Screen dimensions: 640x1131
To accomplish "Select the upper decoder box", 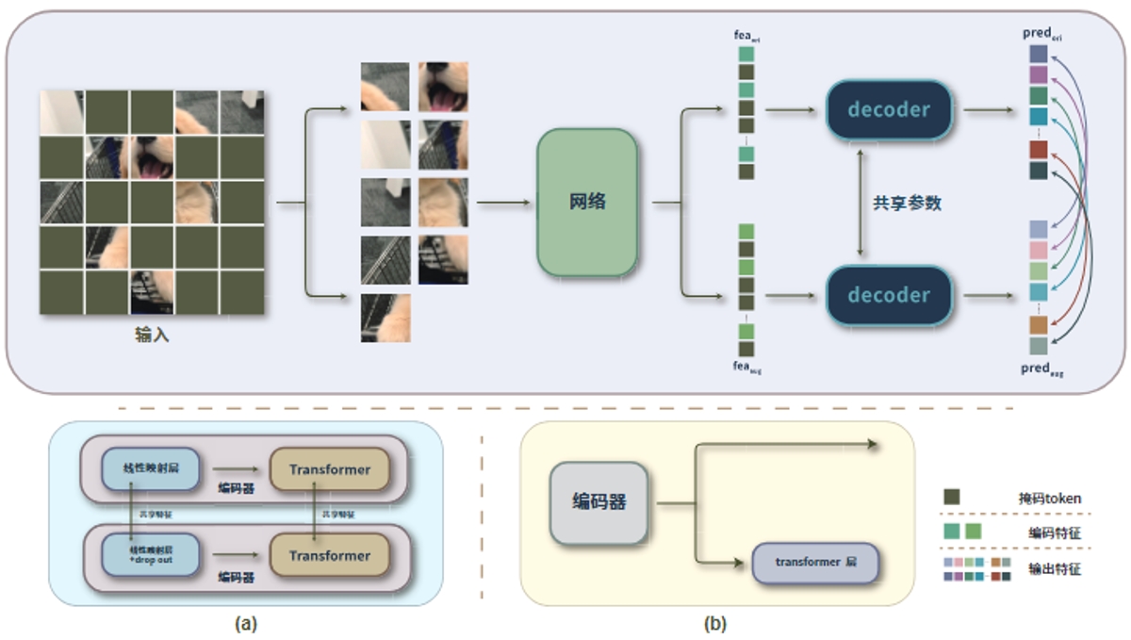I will click(x=889, y=109).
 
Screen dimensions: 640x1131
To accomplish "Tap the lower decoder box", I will click(x=889, y=295).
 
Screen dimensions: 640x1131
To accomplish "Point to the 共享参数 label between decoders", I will click(x=907, y=203).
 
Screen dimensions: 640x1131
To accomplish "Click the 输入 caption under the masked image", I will click(x=152, y=335).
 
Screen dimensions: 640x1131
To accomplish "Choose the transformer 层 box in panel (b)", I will click(x=815, y=562).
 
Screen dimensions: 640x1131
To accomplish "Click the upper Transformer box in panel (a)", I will click(x=329, y=469).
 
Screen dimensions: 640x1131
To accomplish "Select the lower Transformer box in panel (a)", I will click(x=329, y=556).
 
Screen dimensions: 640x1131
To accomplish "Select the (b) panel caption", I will click(x=715, y=623).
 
